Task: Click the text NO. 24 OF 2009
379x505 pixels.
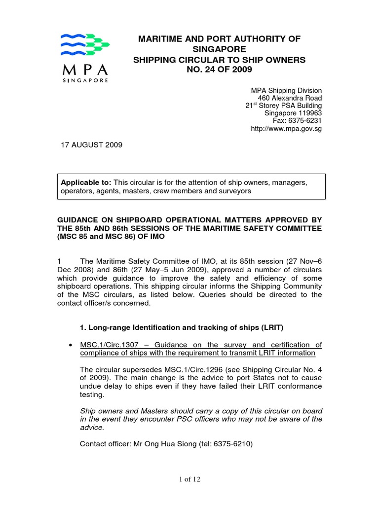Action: click(x=220, y=70)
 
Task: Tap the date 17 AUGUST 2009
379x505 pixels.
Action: click(x=91, y=145)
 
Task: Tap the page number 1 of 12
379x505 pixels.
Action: click(x=189, y=479)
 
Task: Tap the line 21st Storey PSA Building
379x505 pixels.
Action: click(x=284, y=106)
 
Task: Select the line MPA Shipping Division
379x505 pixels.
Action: click(x=286, y=91)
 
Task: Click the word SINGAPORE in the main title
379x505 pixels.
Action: click(x=220, y=49)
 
